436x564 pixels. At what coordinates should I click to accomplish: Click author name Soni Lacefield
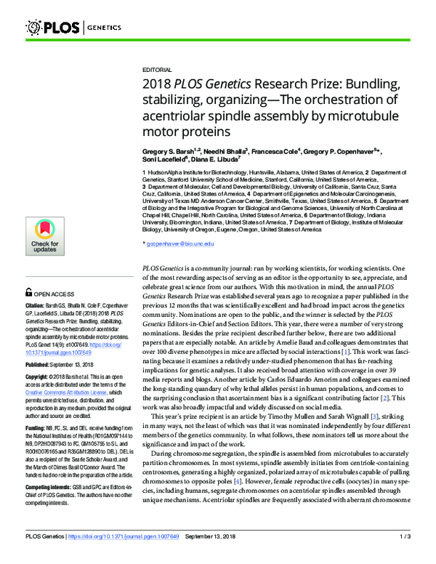(x=164, y=165)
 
